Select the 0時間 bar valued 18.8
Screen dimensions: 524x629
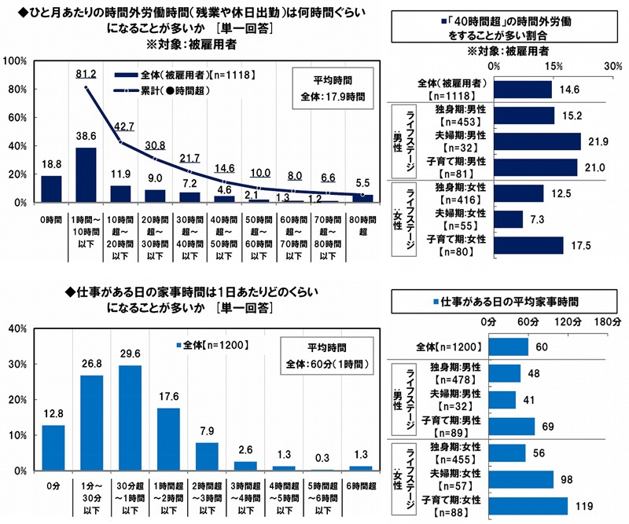click(50, 189)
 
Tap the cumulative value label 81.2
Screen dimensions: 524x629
click(86, 75)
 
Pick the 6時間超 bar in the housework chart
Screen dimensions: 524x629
click(358, 468)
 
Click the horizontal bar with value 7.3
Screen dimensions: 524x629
click(508, 219)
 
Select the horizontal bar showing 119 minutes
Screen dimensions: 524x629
click(528, 506)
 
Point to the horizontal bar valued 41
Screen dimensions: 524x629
click(502, 400)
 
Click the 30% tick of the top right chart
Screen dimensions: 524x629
click(612, 67)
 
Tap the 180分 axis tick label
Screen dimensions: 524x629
click(608, 322)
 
